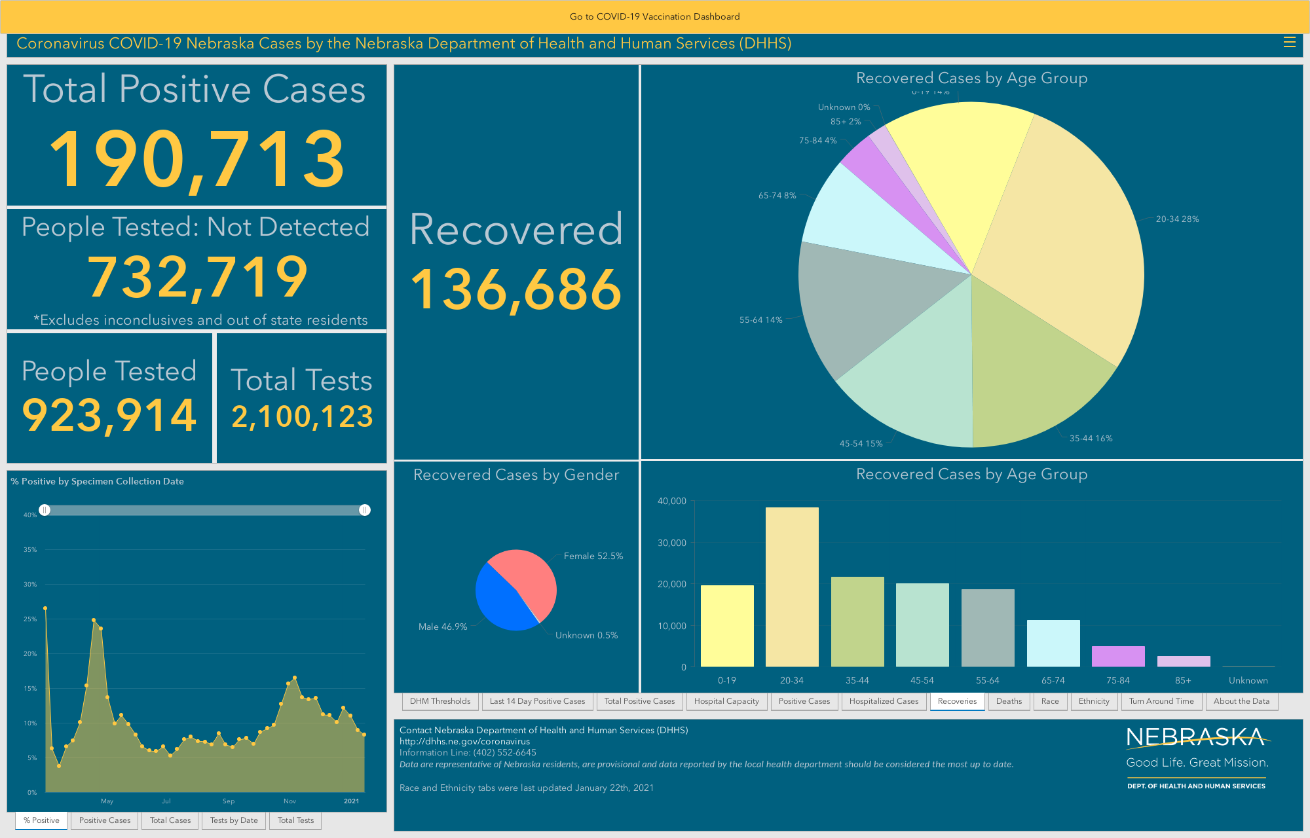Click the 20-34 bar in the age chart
point(792,587)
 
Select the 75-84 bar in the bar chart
point(1118,657)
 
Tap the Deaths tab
point(1009,701)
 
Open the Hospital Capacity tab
point(726,701)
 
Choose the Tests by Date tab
point(234,820)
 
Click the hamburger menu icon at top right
point(1290,43)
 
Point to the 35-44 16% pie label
point(1091,439)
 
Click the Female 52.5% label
point(593,556)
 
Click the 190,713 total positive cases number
point(196,159)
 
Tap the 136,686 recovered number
point(516,289)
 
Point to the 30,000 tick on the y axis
point(671,543)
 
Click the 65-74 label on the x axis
point(1053,680)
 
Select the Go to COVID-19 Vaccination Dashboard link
point(654,16)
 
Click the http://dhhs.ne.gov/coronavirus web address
point(464,742)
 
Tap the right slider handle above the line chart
point(365,510)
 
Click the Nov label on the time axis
point(290,801)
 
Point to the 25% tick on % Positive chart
point(30,619)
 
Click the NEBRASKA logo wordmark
point(1196,738)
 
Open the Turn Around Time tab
point(1161,701)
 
